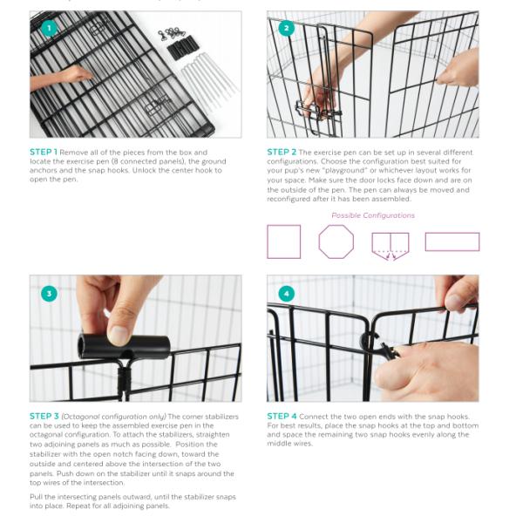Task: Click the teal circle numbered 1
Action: pyautogui.click(x=49, y=29)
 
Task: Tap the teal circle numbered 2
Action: pyautogui.click(x=286, y=29)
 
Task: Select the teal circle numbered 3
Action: pyautogui.click(x=49, y=294)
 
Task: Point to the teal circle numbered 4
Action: pyautogui.click(x=286, y=294)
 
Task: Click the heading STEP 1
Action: pyautogui.click(x=44, y=152)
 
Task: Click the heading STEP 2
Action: pyautogui.click(x=282, y=152)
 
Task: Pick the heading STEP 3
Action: pyautogui.click(x=44, y=417)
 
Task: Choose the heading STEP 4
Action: pyautogui.click(x=282, y=417)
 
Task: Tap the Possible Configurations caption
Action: pyautogui.click(x=373, y=215)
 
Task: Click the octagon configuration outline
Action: pyautogui.click(x=336, y=226)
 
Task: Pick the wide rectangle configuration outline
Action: pyautogui.click(x=452, y=233)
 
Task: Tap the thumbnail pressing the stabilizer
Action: pyautogui.click(x=119, y=336)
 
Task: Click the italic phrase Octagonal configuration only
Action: pyautogui.click(x=113, y=417)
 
